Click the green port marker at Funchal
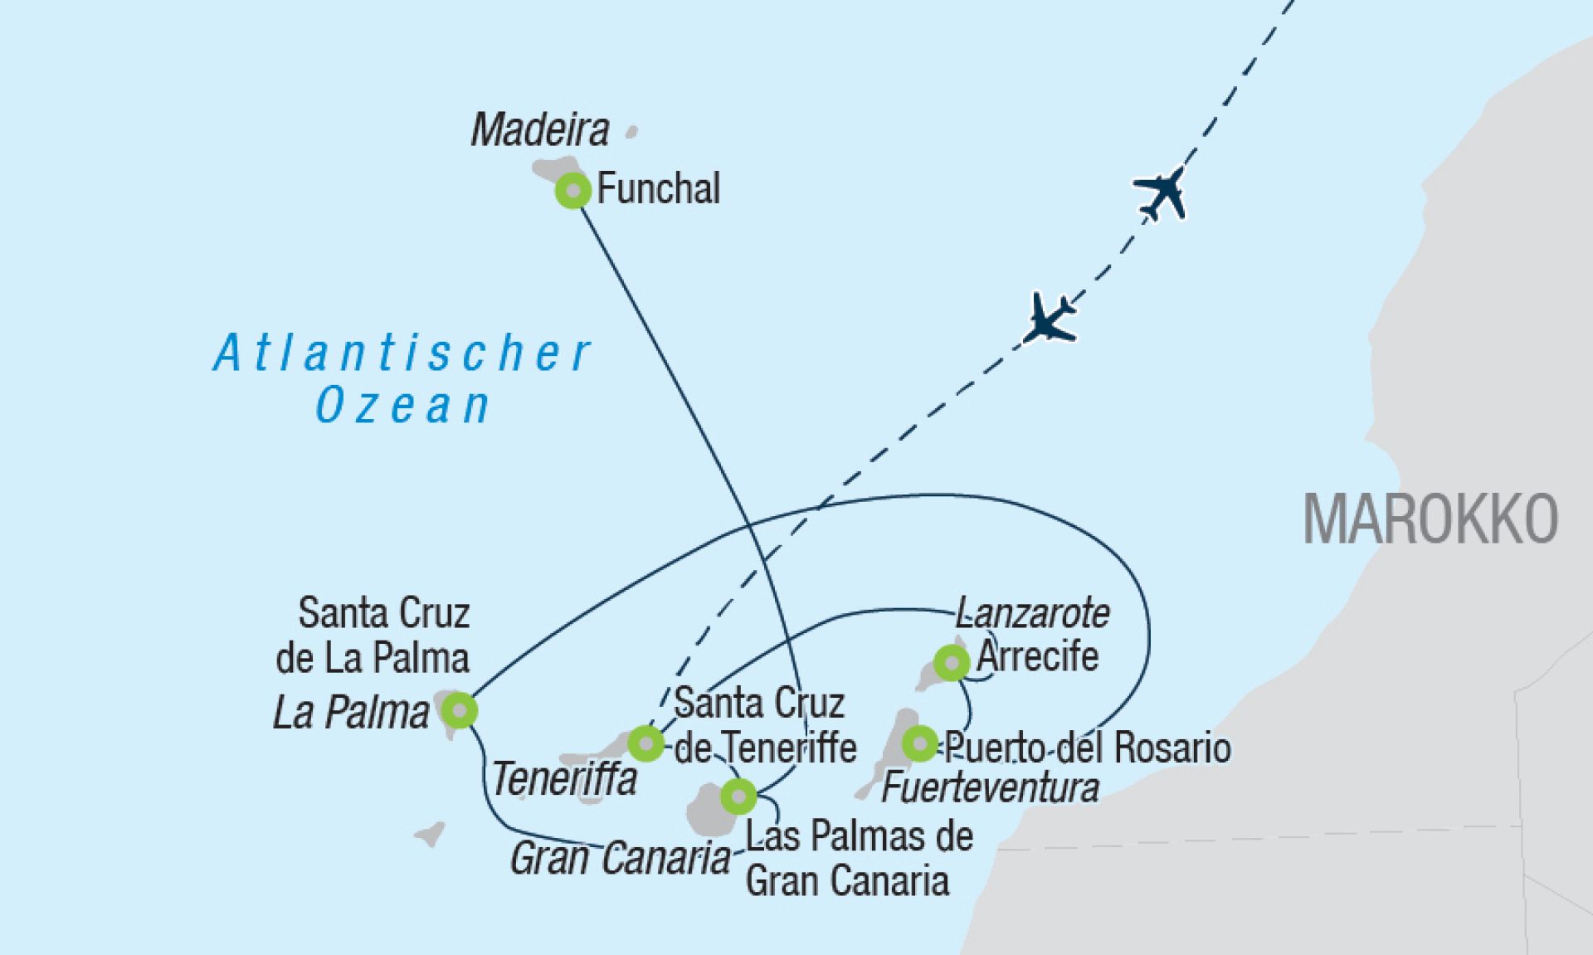(x=572, y=191)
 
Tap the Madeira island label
(x=540, y=130)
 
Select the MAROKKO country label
(x=1430, y=519)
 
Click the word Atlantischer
(x=402, y=353)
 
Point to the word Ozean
(x=403, y=406)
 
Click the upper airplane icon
(x=1161, y=194)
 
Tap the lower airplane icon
(x=1050, y=317)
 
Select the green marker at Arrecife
(x=952, y=663)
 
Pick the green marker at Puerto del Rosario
(x=919, y=743)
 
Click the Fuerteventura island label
(x=990, y=787)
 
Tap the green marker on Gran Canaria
(x=738, y=797)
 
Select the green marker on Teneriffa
(x=645, y=743)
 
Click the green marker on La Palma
(x=459, y=710)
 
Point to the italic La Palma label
(x=352, y=713)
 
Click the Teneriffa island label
(x=564, y=779)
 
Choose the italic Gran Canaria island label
(x=619, y=858)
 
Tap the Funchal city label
(x=658, y=189)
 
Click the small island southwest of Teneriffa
(x=430, y=833)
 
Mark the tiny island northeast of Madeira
(x=631, y=131)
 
